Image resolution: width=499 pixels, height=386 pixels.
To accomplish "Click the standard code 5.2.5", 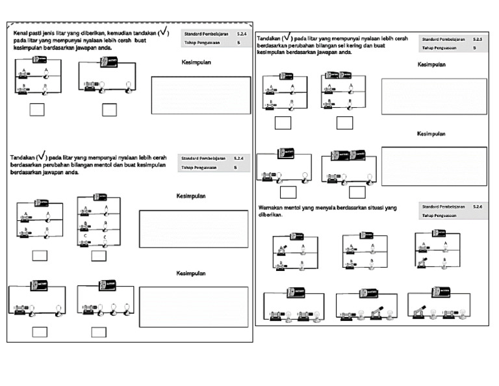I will [x=478, y=39].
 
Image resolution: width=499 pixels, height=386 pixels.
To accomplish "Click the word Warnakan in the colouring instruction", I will [x=272, y=207].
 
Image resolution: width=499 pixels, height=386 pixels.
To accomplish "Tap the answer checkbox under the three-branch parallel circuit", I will [x=99, y=255].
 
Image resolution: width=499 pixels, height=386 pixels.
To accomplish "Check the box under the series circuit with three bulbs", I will [x=99, y=332].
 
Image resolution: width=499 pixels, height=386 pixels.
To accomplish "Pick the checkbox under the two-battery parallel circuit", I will [x=344, y=123].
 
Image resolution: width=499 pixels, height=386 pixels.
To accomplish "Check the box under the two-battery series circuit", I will [x=357, y=192].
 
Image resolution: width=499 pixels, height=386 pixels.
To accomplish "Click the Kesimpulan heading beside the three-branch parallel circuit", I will [x=191, y=196].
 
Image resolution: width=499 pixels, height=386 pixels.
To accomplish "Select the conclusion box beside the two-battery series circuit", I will [x=433, y=166].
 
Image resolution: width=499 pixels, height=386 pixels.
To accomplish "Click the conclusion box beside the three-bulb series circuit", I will [x=194, y=307].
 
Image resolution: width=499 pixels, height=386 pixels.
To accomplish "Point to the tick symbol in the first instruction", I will [x=162, y=32].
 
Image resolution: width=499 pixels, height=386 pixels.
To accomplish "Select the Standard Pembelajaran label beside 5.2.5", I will [x=444, y=39].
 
